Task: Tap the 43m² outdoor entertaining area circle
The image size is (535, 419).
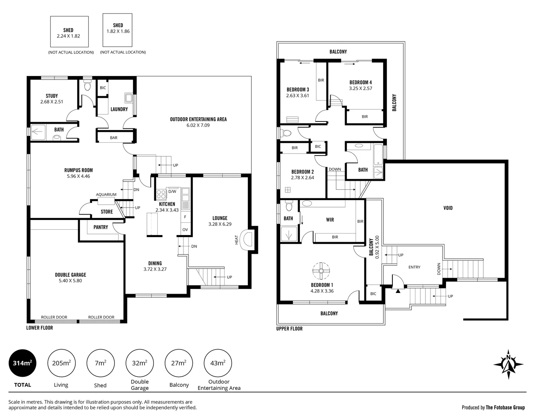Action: [x=218, y=363]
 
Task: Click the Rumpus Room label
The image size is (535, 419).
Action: [x=78, y=170]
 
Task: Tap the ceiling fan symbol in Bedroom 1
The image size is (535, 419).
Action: [x=321, y=270]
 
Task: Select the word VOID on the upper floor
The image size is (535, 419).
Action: [x=448, y=208]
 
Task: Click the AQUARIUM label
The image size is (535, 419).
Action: [x=106, y=195]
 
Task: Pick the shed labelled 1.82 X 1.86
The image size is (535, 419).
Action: [x=118, y=29]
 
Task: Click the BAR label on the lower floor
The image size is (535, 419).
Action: [x=113, y=138]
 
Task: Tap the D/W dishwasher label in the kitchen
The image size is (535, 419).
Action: [x=172, y=191]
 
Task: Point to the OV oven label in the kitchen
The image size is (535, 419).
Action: [x=185, y=230]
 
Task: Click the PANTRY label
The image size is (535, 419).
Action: [x=101, y=227]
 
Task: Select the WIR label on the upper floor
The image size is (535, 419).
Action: [x=330, y=220]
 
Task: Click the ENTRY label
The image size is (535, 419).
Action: [x=414, y=267]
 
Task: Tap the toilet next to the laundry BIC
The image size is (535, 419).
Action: [x=87, y=85]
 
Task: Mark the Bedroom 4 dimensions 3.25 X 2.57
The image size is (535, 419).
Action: [x=360, y=88]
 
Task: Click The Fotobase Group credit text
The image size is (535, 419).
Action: [x=505, y=407]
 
